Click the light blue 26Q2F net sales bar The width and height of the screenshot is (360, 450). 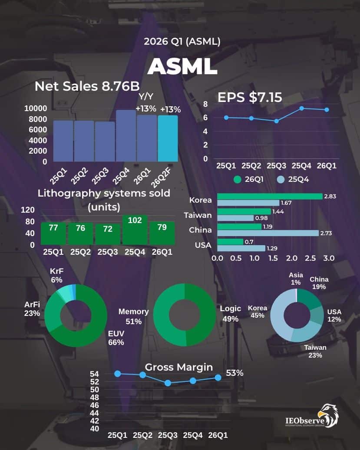click(168, 138)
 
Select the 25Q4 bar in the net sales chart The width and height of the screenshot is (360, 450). click(126, 136)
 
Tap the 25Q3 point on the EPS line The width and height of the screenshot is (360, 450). click(276, 121)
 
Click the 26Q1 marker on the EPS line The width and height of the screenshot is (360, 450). click(327, 110)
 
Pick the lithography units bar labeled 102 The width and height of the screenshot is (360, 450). click(135, 230)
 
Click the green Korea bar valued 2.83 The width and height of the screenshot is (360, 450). click(270, 196)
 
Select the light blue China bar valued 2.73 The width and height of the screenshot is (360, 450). click(268, 233)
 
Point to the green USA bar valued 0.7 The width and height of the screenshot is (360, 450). click(230, 242)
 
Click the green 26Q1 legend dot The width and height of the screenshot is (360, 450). click(237, 179)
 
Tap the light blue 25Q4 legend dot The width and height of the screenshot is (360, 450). click(281, 179)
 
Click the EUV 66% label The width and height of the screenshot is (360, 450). click(116, 338)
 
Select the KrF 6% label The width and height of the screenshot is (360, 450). click(56, 276)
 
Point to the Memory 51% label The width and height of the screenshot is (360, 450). click(134, 316)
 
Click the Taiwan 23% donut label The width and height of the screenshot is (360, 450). click(315, 351)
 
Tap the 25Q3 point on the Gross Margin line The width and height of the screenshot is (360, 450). click(168, 383)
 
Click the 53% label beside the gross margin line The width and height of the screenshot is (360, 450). click(234, 373)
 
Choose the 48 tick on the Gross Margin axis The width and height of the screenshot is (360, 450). click(95, 397)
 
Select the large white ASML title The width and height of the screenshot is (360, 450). click(182, 66)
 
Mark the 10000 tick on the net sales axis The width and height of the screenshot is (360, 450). click(36, 108)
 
